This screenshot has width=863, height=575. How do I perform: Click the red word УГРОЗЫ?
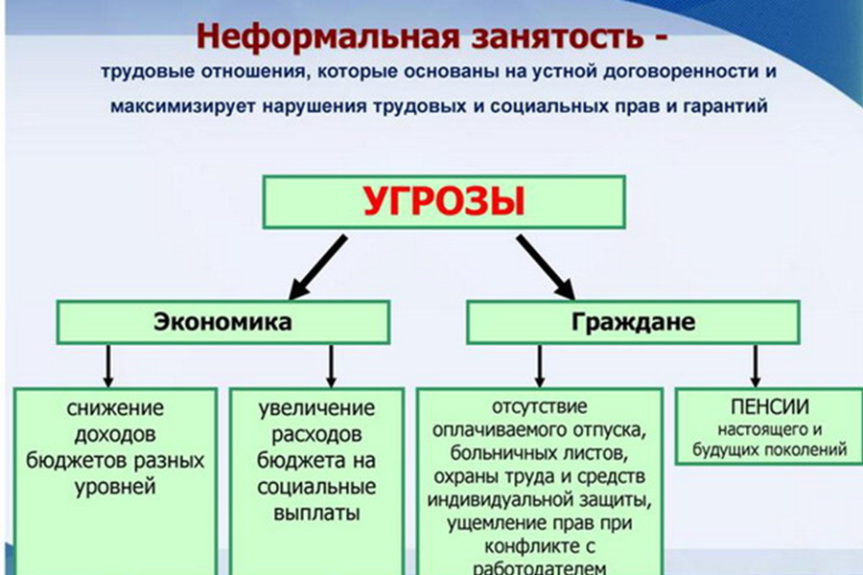tap(444, 201)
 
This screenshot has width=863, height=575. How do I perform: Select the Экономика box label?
tap(222, 322)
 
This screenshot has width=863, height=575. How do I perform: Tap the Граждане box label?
tap(633, 322)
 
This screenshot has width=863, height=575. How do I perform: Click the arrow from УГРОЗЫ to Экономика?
tap(318, 267)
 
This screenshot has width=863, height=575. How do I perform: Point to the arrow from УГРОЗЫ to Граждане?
tap(546, 267)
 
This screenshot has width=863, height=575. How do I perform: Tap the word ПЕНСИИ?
tap(770, 407)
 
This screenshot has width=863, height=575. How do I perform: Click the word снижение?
tap(116, 408)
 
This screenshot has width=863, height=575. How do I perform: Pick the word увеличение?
tap(316, 408)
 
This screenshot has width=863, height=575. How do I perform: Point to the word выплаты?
tap(316, 514)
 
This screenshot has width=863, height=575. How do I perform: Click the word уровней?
tap(116, 488)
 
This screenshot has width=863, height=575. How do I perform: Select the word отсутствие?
tap(539, 406)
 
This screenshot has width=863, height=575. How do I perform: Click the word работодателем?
tap(539, 568)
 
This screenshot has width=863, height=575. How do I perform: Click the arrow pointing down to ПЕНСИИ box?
tap(756, 366)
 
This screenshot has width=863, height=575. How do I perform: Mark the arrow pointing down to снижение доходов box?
tap(108, 366)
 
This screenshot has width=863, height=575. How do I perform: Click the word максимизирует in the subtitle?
tap(183, 105)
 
